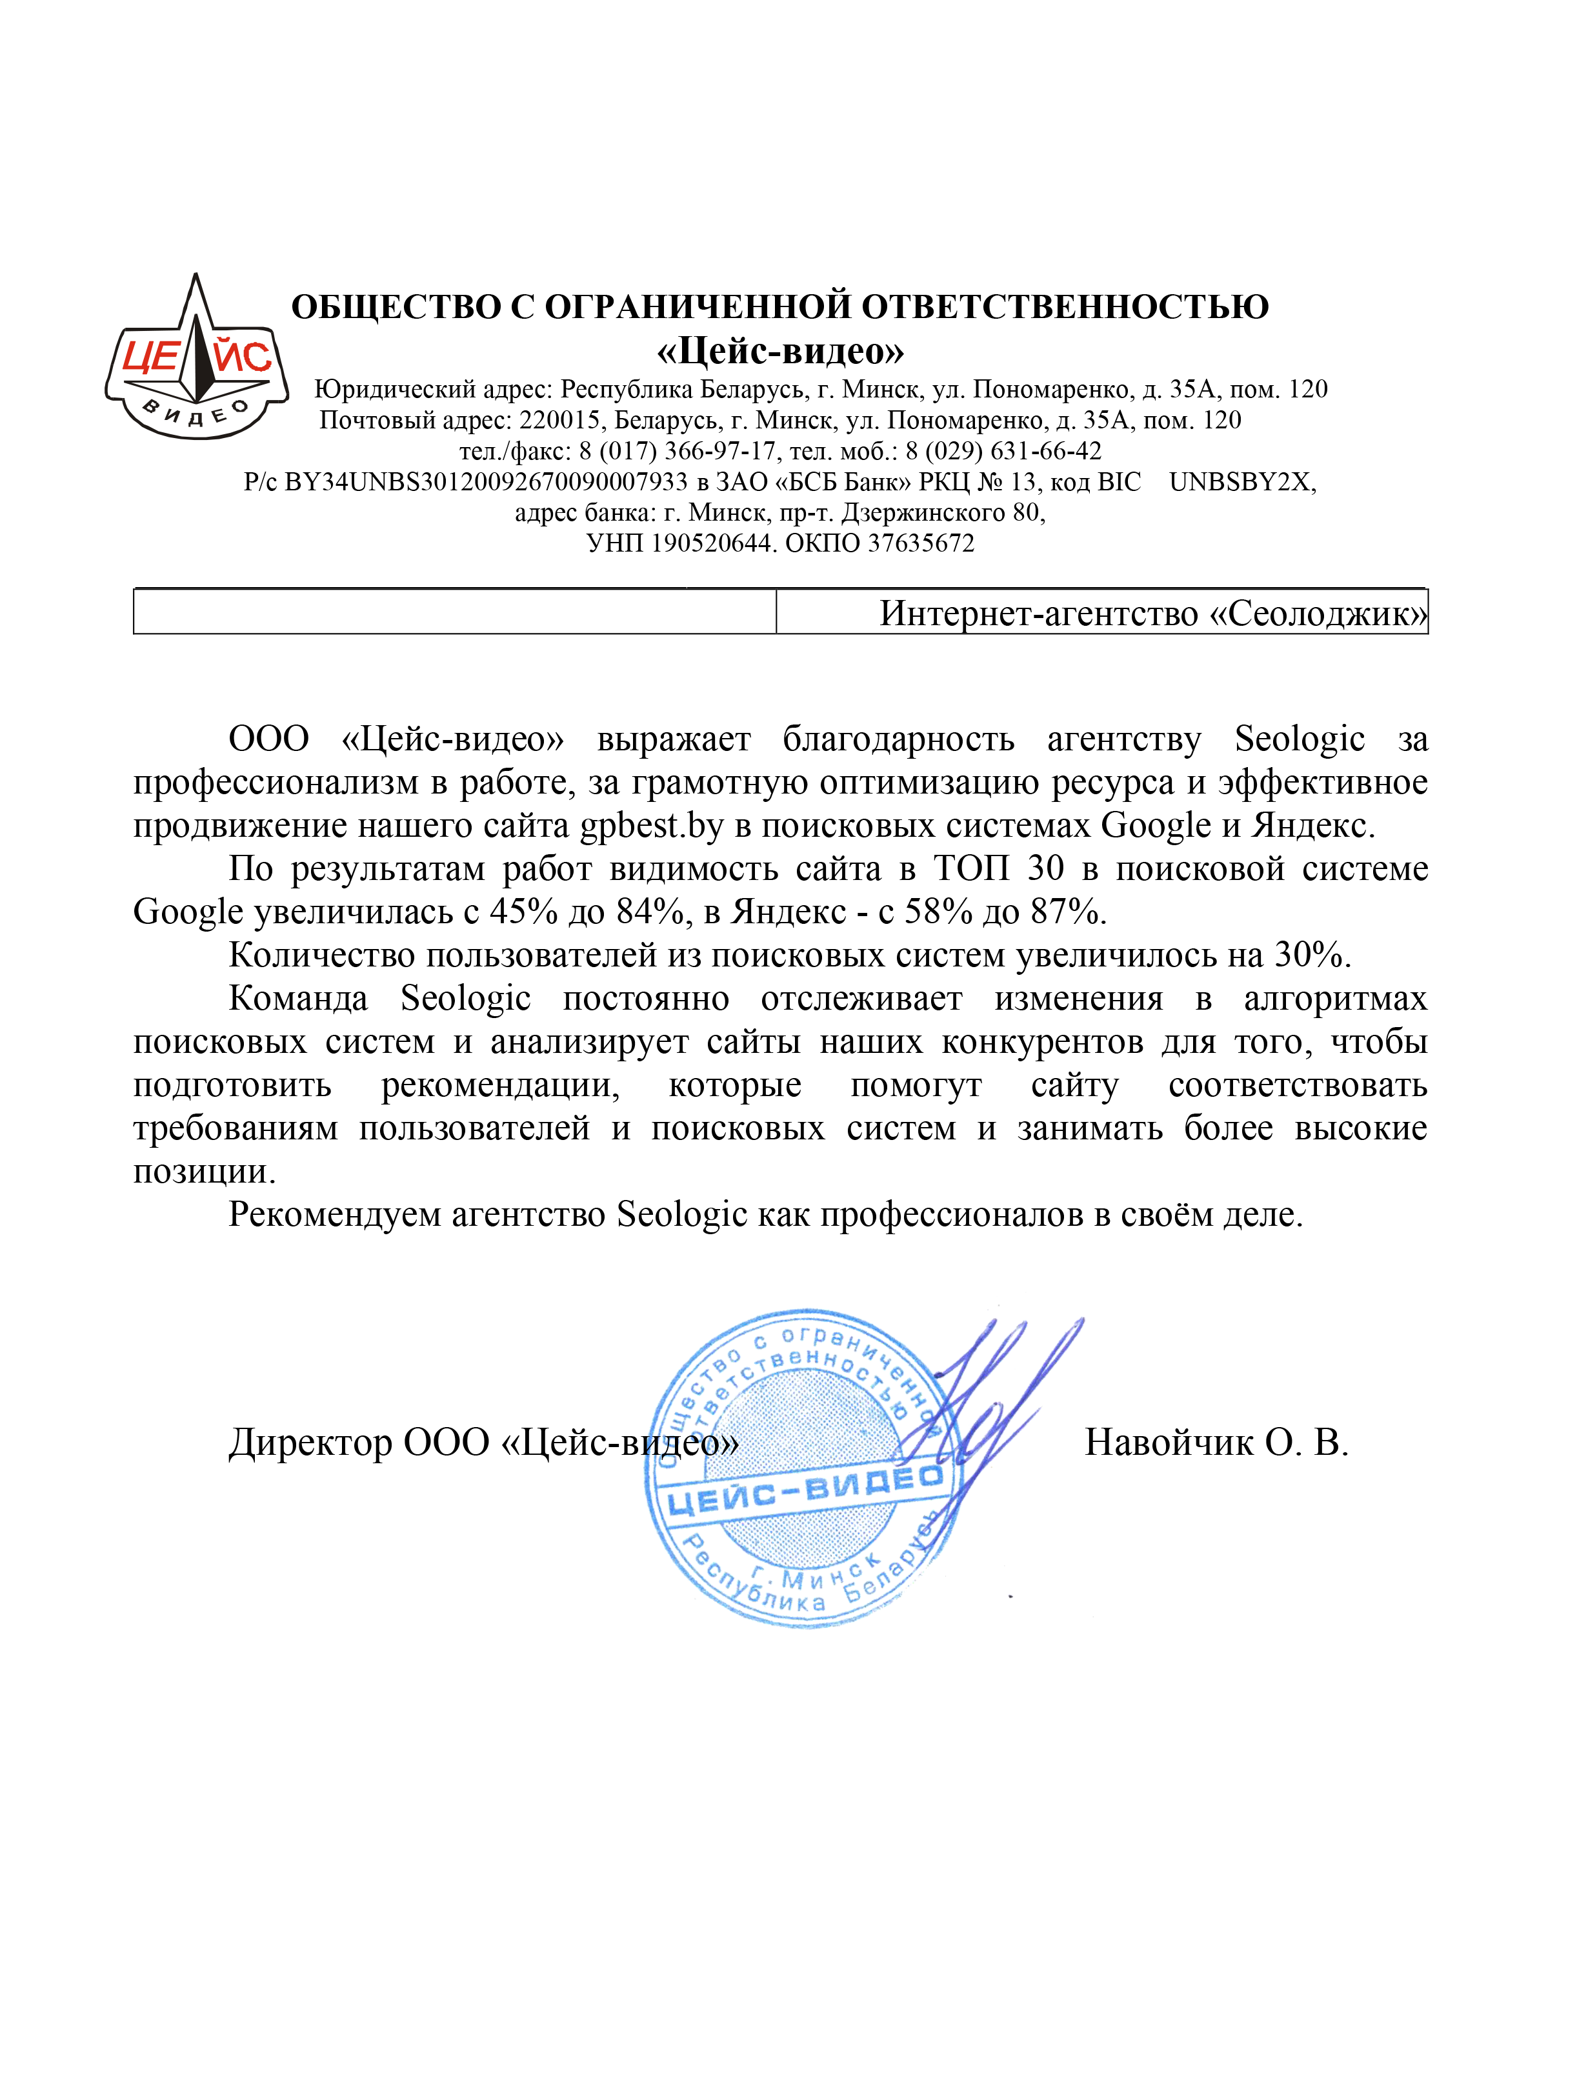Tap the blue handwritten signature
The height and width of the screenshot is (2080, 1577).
coord(997,1392)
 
